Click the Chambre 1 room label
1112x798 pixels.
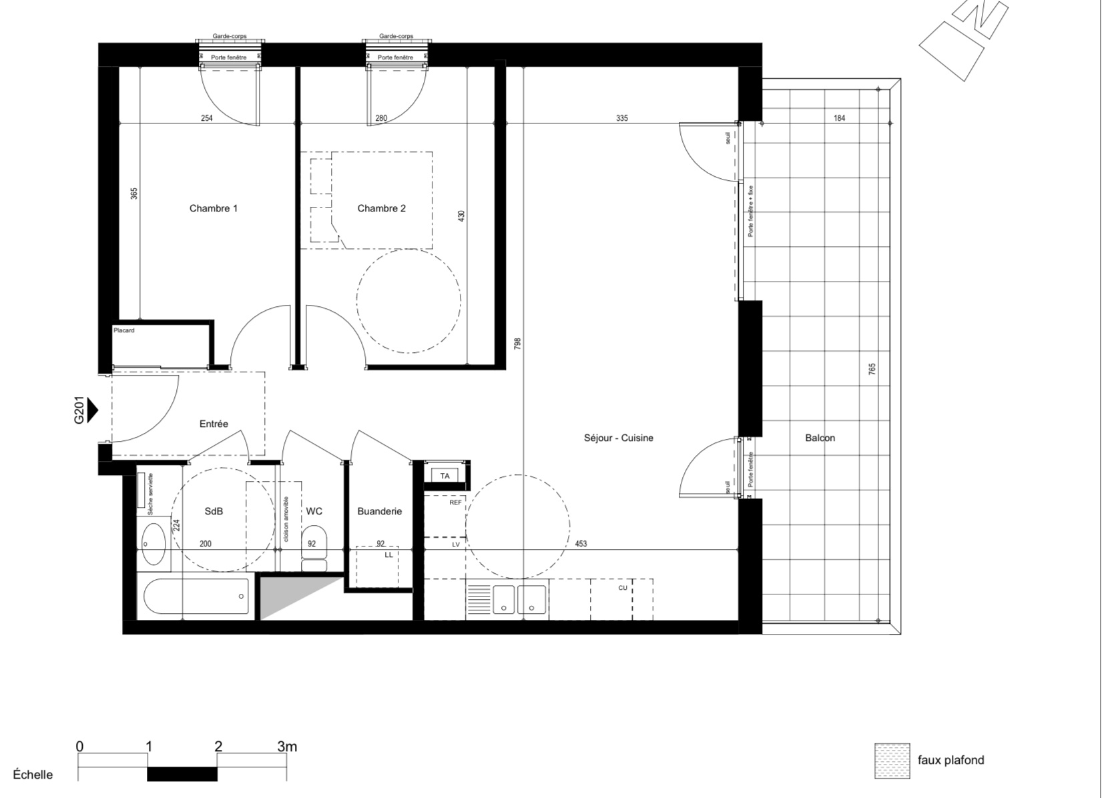pos(214,208)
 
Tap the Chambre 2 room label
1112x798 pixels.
pos(381,208)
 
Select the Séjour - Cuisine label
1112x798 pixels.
pos(618,438)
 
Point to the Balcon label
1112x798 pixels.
pos(820,438)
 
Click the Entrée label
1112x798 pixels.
pos(214,424)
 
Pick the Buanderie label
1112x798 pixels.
pos(379,511)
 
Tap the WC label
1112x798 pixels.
pos(314,511)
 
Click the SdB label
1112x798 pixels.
pos(214,511)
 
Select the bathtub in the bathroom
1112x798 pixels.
pos(197,596)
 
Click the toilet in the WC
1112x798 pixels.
pos(314,548)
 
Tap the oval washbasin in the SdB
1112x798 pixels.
pos(154,544)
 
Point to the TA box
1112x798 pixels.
pos(445,476)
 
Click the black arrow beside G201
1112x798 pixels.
pos(92,410)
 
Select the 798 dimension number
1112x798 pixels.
pos(517,344)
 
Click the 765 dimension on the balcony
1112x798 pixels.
pos(872,369)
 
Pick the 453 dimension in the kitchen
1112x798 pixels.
pos(581,544)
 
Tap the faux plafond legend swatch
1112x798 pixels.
pos(892,760)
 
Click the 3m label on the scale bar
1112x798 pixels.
pos(287,747)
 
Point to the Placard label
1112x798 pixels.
pos(123,330)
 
